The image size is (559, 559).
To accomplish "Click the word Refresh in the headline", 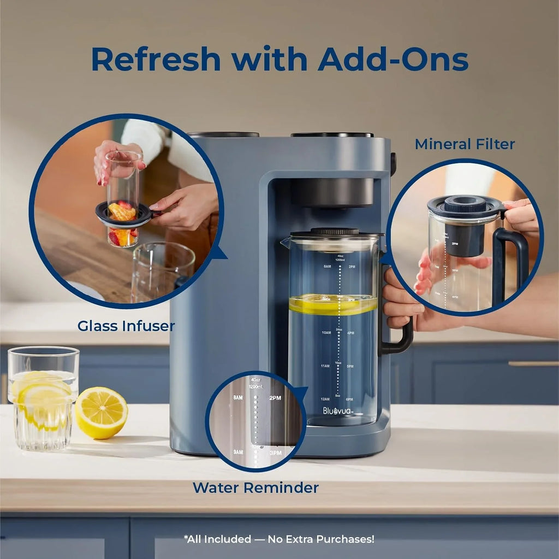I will click(x=156, y=59).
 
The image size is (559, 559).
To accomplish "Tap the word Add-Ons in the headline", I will click(x=393, y=59).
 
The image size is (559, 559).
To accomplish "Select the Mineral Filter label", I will click(x=465, y=144).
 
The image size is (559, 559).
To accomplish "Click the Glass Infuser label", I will click(x=126, y=326).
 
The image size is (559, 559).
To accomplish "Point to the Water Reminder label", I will click(x=255, y=487).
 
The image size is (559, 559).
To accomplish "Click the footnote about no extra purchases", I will click(x=279, y=539).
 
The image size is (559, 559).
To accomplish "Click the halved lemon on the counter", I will click(x=101, y=413).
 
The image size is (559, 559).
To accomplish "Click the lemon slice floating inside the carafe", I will click(x=332, y=303).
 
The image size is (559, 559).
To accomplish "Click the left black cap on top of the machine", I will click(x=223, y=134).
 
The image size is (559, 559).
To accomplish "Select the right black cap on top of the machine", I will click(x=331, y=134).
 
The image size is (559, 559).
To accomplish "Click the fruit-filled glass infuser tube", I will click(x=123, y=199).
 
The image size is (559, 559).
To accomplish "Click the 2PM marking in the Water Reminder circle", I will click(x=275, y=398).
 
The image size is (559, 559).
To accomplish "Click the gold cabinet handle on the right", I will click(x=533, y=363).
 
